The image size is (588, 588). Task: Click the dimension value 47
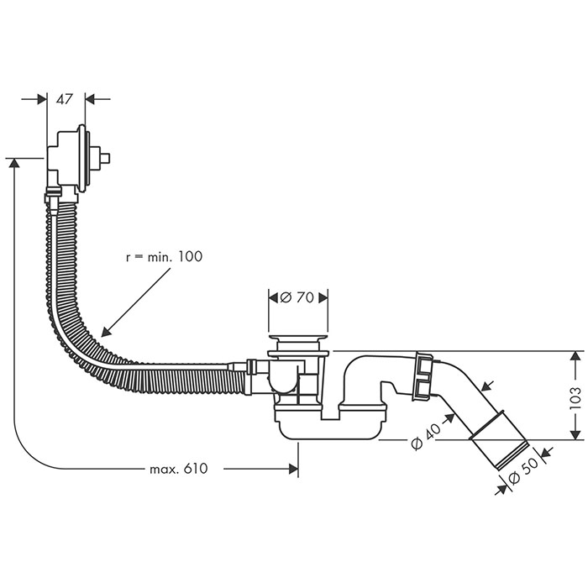pyautogui.click(x=64, y=99)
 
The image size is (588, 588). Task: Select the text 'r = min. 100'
pyautogui.click(x=165, y=256)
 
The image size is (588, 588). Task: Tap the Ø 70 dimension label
pyautogui.click(x=298, y=297)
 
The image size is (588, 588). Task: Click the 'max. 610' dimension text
pyautogui.click(x=178, y=469)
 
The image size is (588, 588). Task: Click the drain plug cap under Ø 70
pyautogui.click(x=298, y=340)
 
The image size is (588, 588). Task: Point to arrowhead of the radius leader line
pyautogui.click(x=103, y=333)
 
